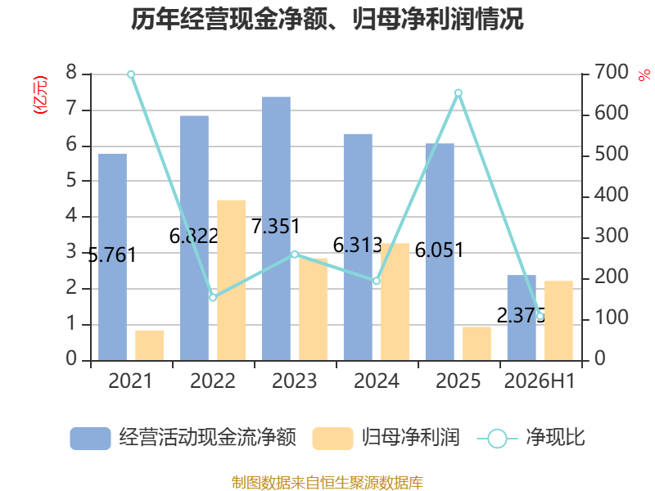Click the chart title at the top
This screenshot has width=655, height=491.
click(x=327, y=19)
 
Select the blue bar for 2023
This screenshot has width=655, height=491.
click(x=276, y=229)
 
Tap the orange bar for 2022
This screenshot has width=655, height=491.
click(x=232, y=281)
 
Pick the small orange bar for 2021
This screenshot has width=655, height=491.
click(x=150, y=345)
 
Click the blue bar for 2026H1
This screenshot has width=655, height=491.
click(x=522, y=318)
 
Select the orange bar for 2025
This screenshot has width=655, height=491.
click(x=477, y=344)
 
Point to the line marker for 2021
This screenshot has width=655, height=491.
click(x=131, y=74)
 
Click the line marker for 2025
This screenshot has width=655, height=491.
click(x=458, y=92)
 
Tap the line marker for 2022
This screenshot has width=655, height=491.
click(x=213, y=298)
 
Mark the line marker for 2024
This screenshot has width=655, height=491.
click(x=377, y=281)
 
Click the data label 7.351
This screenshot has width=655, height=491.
click(x=276, y=227)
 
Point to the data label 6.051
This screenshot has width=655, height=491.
click(x=440, y=250)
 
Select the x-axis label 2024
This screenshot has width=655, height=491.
click(x=377, y=381)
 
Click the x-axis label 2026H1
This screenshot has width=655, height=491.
click(x=540, y=381)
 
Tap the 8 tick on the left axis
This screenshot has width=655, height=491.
click(x=71, y=72)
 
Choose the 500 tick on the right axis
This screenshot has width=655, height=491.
click(x=611, y=154)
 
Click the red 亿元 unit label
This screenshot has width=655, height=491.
click(x=40, y=95)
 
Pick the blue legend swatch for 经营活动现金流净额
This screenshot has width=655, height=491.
click(x=90, y=439)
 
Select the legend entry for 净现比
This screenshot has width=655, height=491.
click(x=531, y=438)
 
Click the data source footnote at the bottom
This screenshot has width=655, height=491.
click(x=327, y=482)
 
